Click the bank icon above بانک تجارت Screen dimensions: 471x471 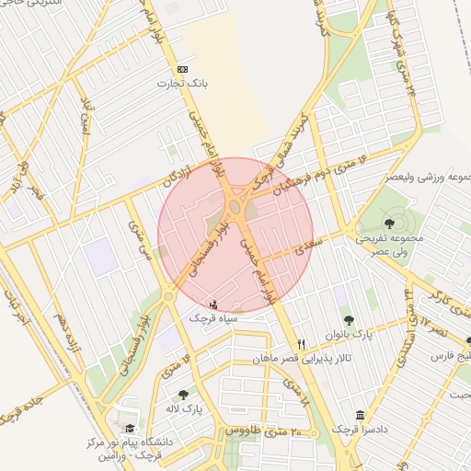(182, 70)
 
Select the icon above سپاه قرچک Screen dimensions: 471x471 (214, 304)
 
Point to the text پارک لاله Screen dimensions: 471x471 (186, 408)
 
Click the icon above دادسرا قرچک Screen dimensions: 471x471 (359, 416)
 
